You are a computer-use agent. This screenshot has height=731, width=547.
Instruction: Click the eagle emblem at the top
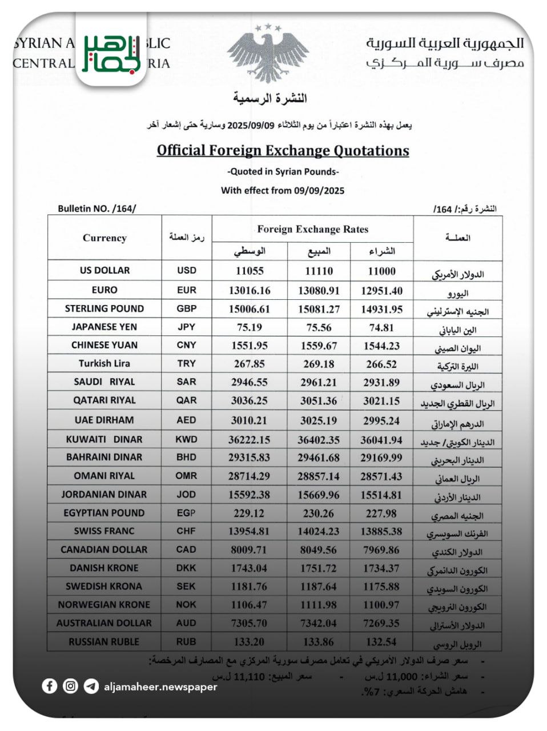(268, 54)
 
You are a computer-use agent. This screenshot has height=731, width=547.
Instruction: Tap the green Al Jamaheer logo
(111, 53)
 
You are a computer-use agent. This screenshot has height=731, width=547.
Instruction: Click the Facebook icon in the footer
(50, 686)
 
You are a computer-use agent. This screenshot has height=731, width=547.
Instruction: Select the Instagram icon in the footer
(70, 686)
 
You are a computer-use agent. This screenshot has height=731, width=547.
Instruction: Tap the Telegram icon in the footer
(91, 686)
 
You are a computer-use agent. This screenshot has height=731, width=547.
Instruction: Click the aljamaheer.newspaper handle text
(160, 686)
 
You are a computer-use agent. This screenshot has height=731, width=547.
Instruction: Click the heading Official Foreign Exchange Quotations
(283, 150)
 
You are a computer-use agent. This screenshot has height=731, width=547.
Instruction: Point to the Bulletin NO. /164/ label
(97, 208)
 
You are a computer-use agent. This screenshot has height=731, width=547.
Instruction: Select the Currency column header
(104, 238)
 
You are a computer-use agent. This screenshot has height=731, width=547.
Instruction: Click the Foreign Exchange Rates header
(312, 229)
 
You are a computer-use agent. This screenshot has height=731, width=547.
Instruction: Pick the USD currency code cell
(187, 270)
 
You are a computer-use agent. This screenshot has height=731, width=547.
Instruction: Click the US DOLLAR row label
(104, 270)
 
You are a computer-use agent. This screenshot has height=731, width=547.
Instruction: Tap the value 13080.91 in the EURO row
(319, 290)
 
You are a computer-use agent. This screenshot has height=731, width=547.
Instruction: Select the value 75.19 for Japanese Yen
(250, 327)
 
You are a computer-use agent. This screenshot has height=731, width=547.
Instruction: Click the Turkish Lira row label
(104, 363)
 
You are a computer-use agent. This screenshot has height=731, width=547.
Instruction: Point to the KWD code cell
(187, 439)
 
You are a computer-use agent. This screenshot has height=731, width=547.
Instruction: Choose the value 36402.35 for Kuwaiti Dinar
(319, 440)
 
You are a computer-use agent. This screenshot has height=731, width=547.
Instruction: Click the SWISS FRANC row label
(104, 531)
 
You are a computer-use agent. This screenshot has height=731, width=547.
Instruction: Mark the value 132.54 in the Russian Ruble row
(381, 642)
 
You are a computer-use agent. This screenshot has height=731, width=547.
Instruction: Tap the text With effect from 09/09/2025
(283, 191)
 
